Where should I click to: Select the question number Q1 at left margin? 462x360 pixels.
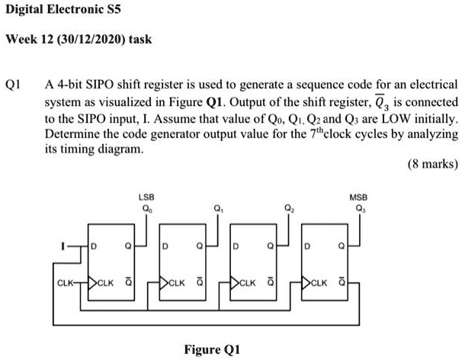tap(14, 85)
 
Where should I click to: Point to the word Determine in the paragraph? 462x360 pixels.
tap(73, 133)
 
